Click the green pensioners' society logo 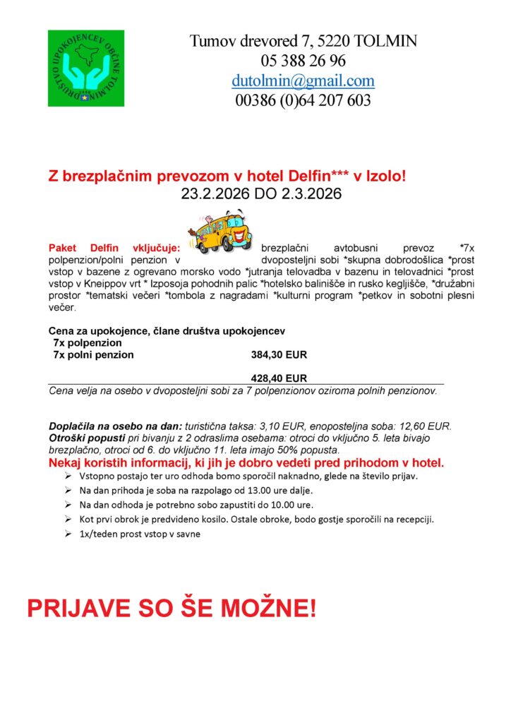(85, 68)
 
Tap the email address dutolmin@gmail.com (303, 80)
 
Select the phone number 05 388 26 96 (303, 61)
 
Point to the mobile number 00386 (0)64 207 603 (303, 100)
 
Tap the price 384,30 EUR (279, 354)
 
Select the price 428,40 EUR (279, 378)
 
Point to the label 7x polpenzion (83, 342)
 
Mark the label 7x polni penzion (93, 354)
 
